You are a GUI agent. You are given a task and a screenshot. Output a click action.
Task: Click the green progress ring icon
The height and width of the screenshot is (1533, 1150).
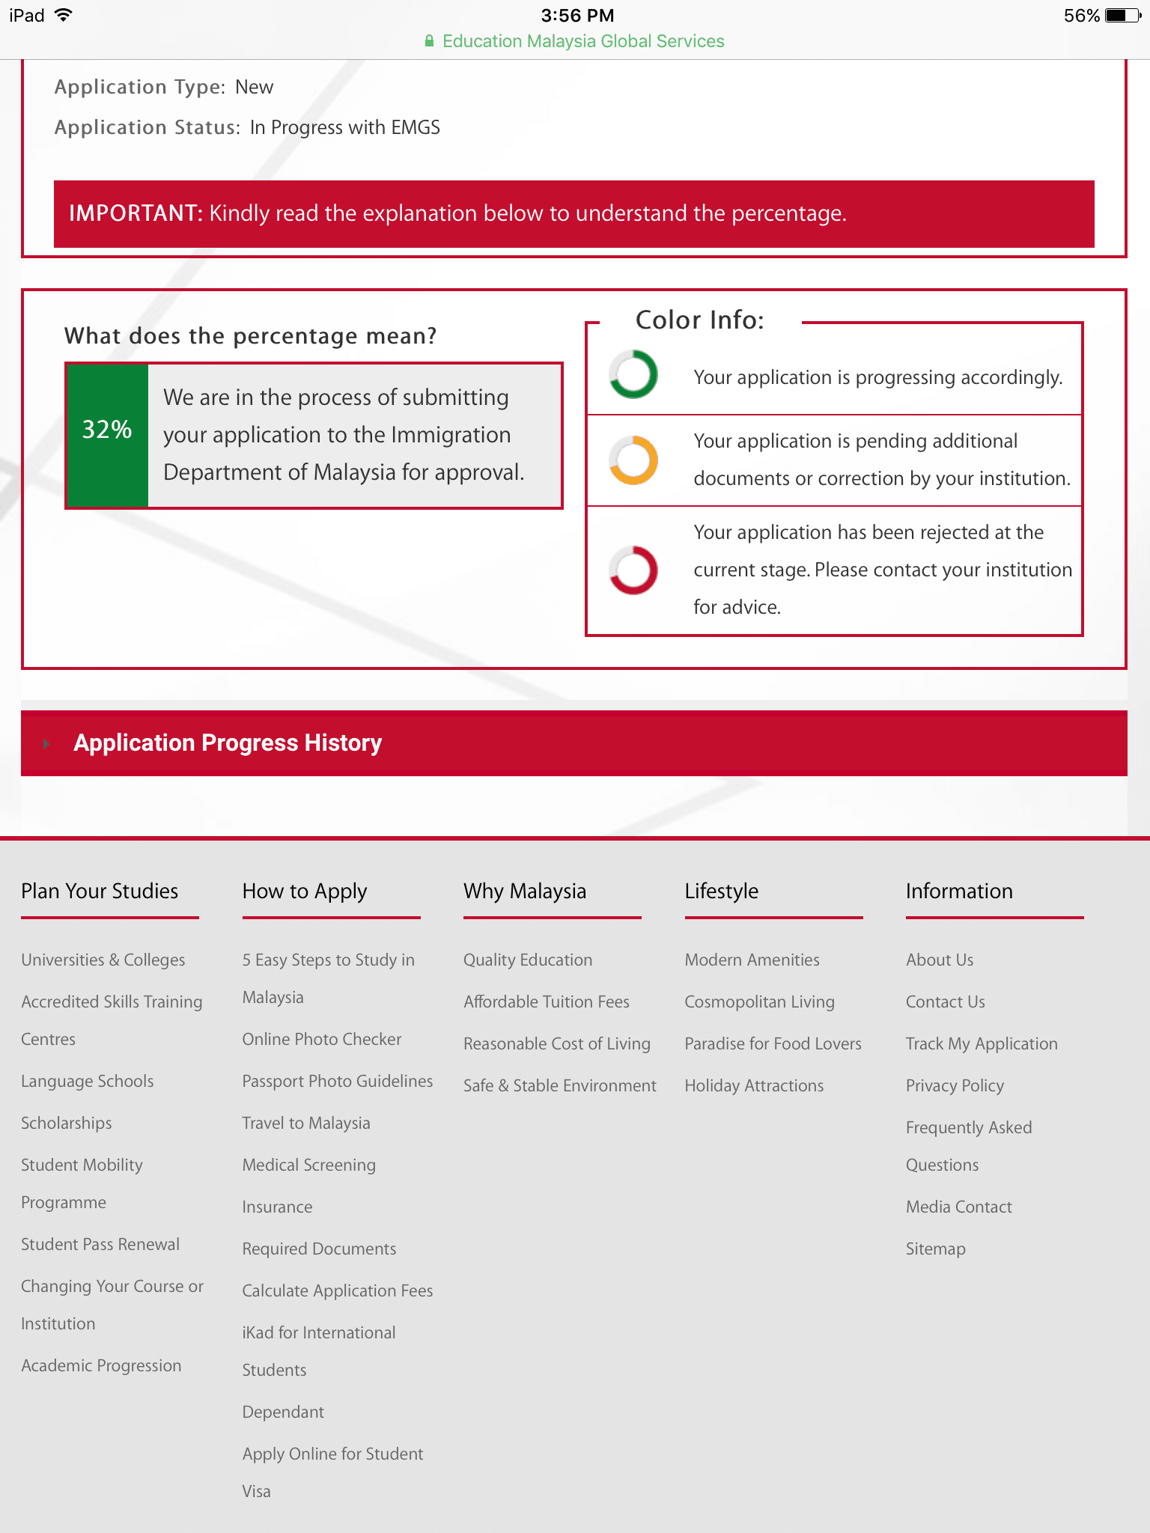point(633,374)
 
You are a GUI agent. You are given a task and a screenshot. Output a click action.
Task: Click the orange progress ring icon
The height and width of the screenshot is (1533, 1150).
point(633,460)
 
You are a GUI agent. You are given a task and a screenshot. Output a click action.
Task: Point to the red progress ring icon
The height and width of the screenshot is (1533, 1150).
point(633,570)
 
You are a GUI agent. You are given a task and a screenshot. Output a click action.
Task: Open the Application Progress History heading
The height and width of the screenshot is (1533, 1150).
point(228,743)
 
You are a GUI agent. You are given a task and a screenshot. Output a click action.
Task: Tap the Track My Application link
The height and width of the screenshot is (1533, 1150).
point(982,1043)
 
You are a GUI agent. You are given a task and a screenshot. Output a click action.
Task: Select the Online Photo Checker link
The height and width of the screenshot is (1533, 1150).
point(322,1039)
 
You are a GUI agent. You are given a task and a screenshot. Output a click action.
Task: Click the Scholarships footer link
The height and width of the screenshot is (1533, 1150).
point(67,1123)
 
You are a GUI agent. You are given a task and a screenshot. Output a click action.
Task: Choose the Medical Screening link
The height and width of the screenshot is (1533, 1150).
point(309,1165)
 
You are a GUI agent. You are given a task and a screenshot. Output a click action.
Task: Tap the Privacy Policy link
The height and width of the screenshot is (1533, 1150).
point(955,1085)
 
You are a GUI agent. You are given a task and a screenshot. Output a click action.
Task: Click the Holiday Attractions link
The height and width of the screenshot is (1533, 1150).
point(754,1085)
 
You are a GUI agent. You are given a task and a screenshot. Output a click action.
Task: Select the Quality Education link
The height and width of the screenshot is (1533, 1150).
point(528,960)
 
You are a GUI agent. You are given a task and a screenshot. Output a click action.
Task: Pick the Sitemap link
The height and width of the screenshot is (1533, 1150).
point(936,1249)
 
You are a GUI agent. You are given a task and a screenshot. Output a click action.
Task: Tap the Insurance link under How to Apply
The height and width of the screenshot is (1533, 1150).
point(277,1207)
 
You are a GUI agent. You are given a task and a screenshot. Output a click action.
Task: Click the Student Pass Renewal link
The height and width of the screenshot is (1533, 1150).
point(100,1244)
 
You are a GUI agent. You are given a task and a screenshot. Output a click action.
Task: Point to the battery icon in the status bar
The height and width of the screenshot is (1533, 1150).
point(1122,16)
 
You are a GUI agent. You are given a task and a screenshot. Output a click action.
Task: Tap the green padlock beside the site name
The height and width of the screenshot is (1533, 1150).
point(429,41)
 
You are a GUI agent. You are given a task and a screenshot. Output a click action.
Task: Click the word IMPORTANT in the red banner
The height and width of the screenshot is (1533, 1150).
point(136,213)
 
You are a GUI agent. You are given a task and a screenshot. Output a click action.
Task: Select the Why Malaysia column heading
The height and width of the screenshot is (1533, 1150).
point(525,891)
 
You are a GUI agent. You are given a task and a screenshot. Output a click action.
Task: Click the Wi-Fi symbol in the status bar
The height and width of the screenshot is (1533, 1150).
point(64,15)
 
